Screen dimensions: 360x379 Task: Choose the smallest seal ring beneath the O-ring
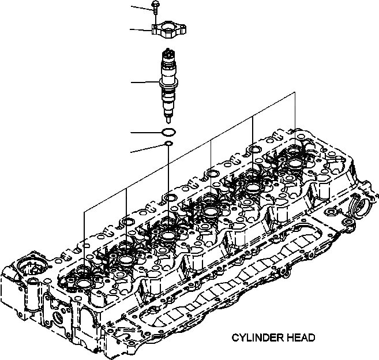pos(168,144)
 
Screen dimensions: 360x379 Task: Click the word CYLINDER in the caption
pos(257,337)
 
